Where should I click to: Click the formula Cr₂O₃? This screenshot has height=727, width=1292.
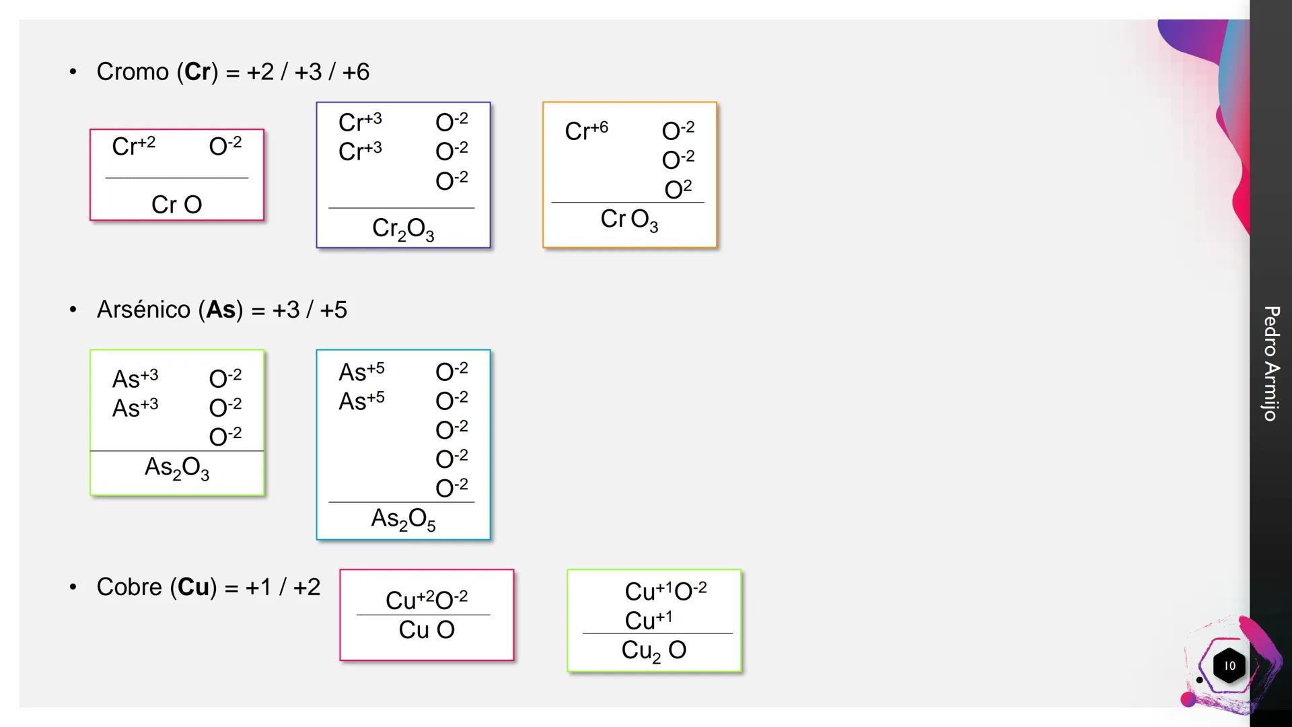pos(403,230)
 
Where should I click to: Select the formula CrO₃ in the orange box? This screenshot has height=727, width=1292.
pos(629,219)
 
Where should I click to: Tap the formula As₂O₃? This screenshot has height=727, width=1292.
pos(177,468)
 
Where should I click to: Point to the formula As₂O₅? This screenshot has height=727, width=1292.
pos(403,519)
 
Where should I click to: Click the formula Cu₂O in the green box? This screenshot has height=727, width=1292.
pos(653,650)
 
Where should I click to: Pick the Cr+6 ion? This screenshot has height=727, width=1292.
pos(586,130)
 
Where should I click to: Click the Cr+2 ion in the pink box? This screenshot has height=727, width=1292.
pos(133,145)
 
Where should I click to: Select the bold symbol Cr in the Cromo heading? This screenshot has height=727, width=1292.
pos(198,71)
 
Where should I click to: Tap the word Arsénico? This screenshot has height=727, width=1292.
pos(143,310)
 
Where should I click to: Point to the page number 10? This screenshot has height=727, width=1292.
pos(1229,666)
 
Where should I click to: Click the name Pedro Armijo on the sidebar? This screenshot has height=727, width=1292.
pos(1270,363)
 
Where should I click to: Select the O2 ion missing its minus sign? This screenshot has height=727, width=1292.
pos(678,189)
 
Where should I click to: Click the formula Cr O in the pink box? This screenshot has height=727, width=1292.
pos(176,205)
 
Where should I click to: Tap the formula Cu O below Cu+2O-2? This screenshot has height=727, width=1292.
pos(427,630)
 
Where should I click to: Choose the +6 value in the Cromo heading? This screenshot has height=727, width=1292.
pos(355,71)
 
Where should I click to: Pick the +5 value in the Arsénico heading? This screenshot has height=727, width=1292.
pos(333,310)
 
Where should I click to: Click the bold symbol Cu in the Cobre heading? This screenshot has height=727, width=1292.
pos(194,587)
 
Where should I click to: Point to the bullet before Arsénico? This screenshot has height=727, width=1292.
pos(73,310)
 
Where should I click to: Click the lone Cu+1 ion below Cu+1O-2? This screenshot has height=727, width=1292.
pos(648,620)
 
